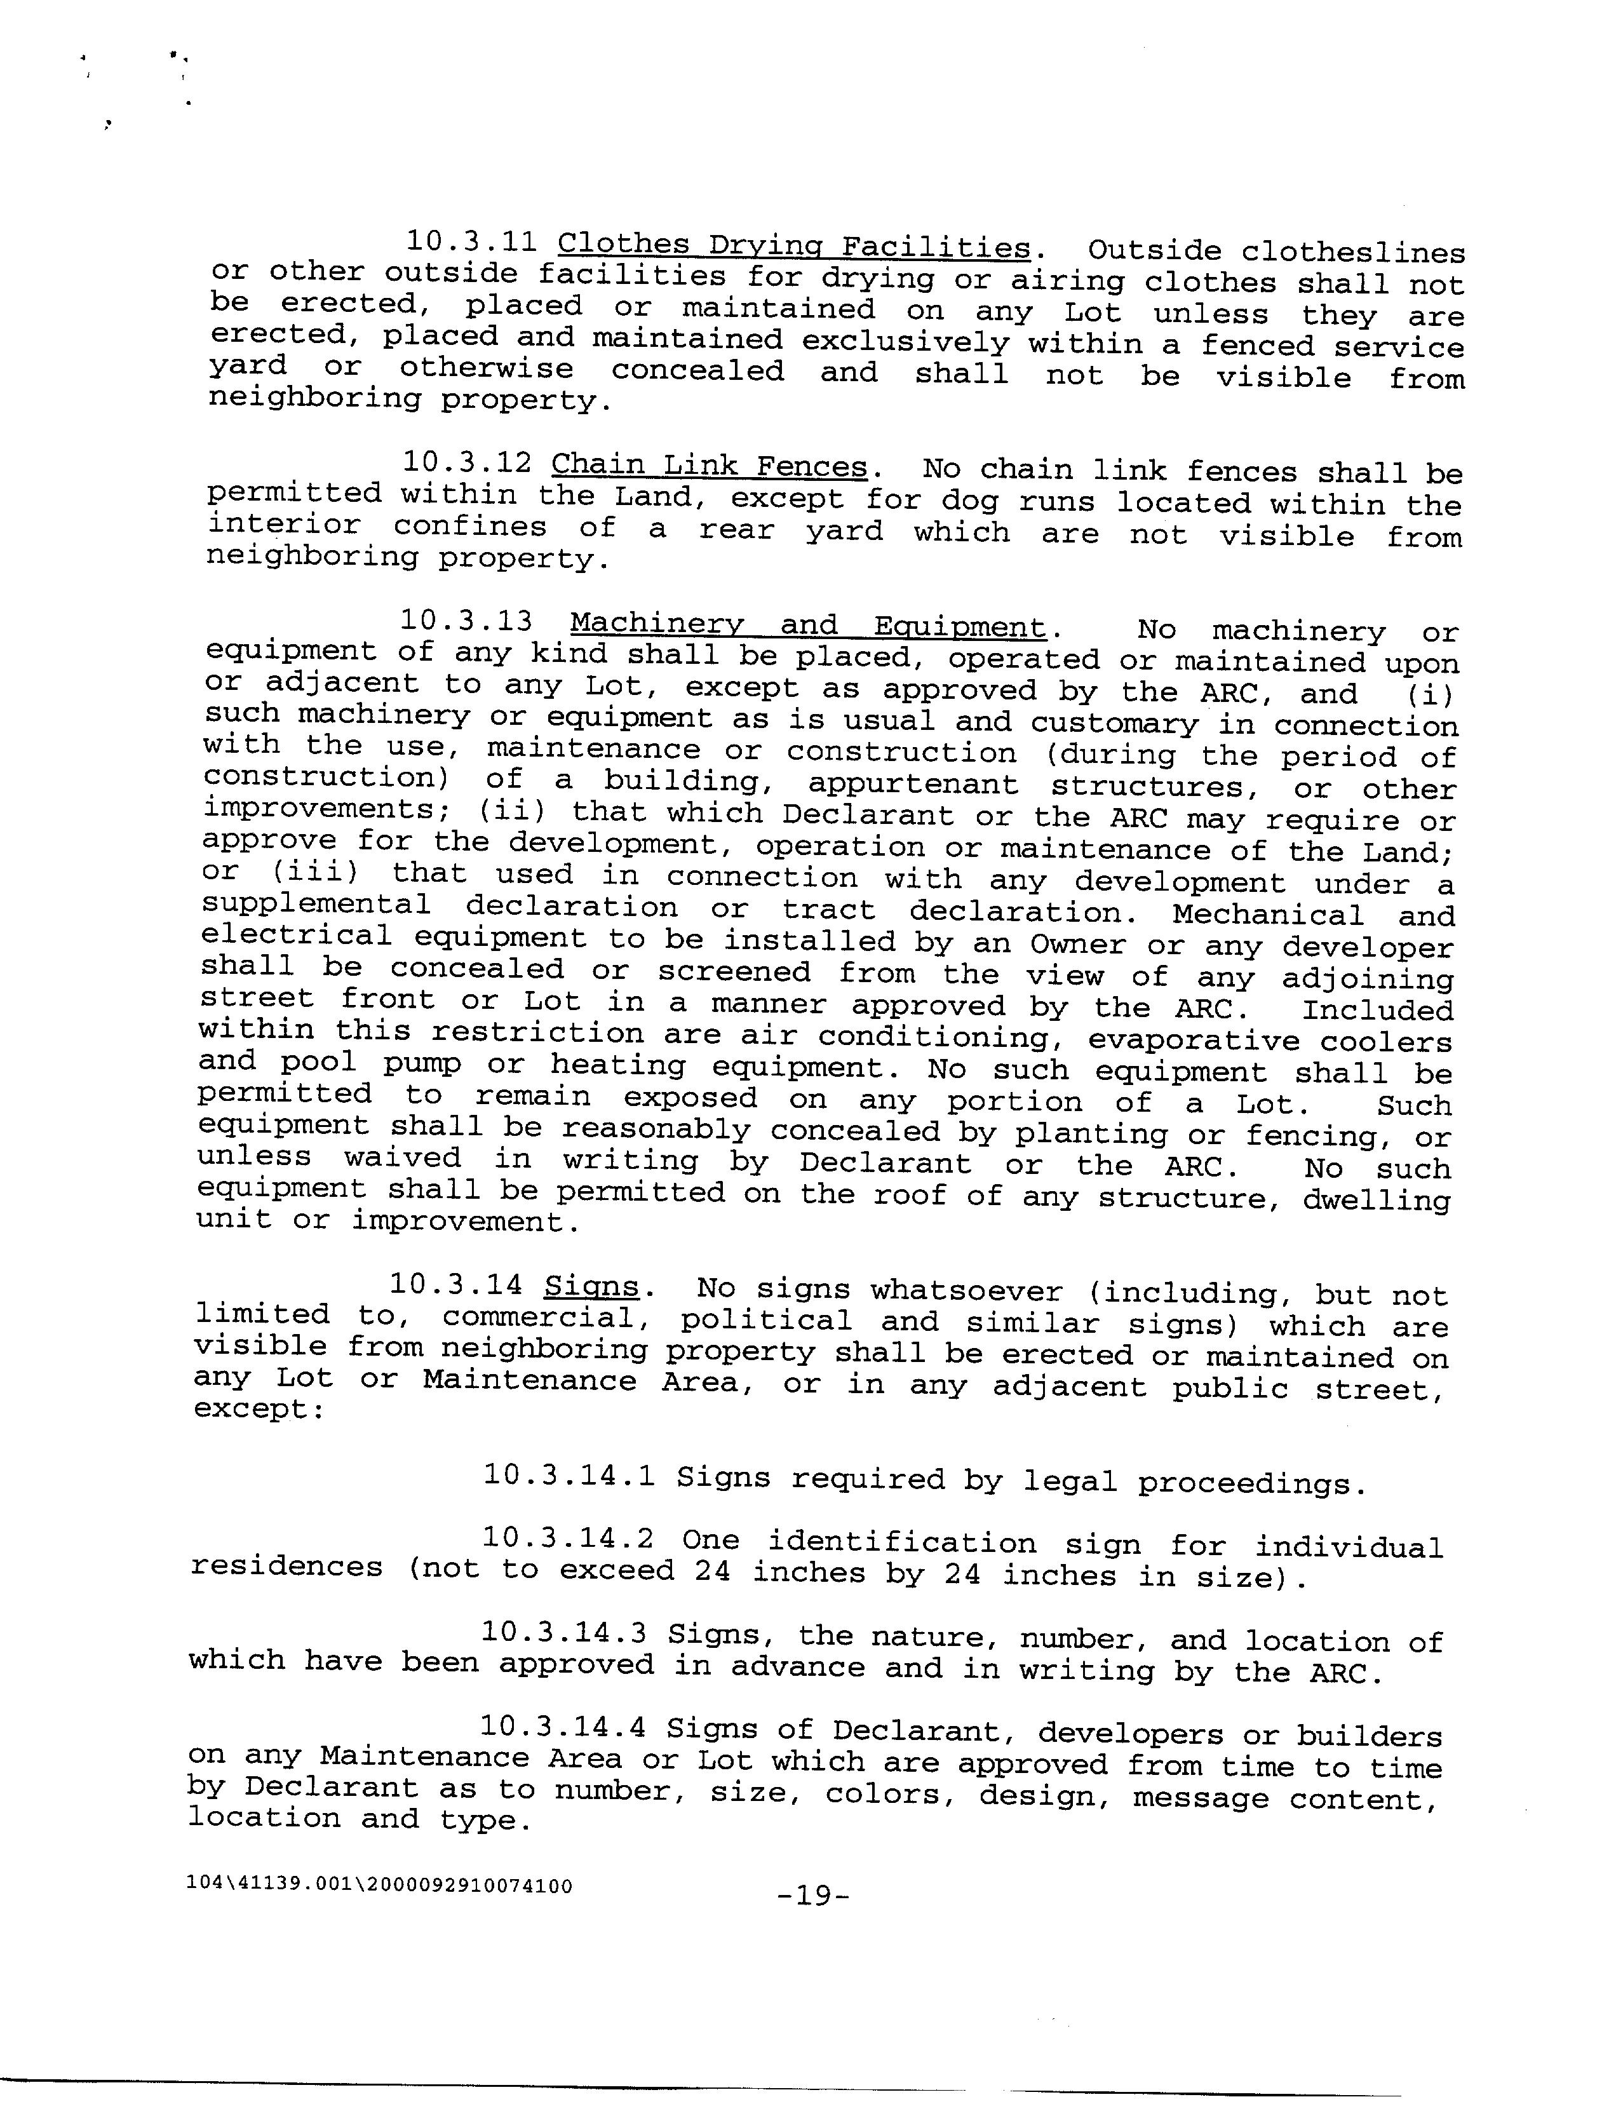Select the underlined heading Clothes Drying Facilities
[x=793, y=246]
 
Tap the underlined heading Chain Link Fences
[x=709, y=466]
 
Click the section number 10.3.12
[x=466, y=462]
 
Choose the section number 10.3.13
[x=466, y=621]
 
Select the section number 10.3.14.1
[x=569, y=1476]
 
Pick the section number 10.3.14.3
[x=563, y=1633]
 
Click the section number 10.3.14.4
[x=562, y=1727]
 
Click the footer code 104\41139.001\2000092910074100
[x=380, y=1885]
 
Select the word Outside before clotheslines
[x=1154, y=250]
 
